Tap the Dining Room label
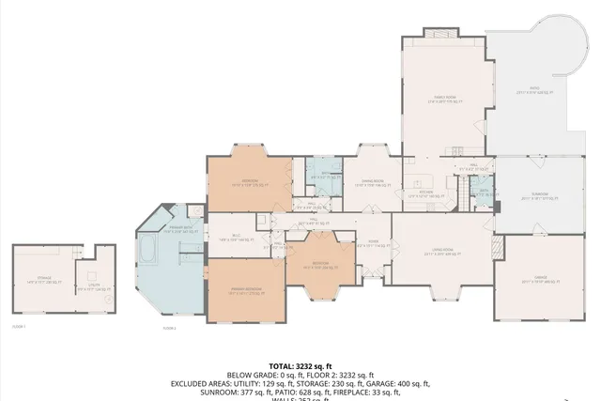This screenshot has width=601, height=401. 375,182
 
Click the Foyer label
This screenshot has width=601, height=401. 373,241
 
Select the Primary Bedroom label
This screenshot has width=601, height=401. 244,291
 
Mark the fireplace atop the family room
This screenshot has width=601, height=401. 439,33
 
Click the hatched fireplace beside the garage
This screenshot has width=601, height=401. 499,247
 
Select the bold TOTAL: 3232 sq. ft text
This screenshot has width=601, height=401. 300,366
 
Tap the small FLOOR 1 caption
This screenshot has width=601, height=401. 19,326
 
